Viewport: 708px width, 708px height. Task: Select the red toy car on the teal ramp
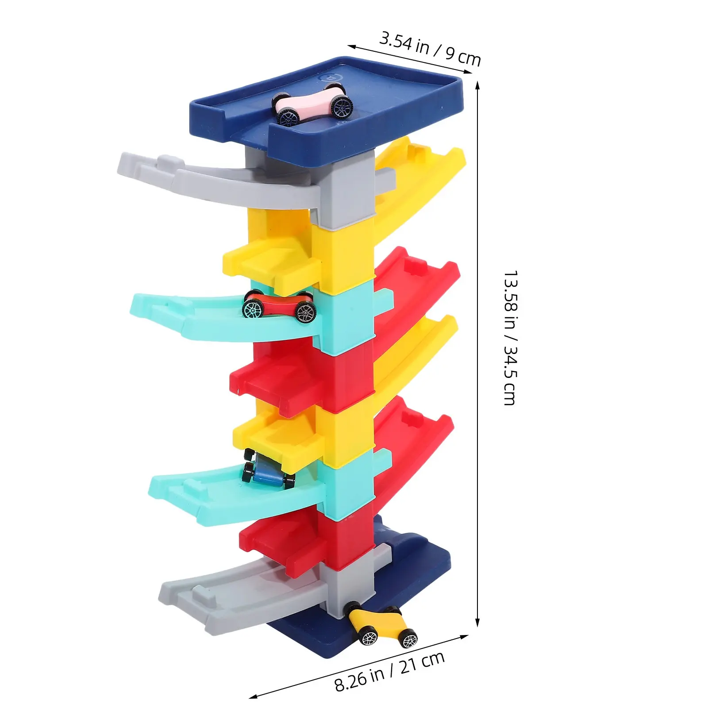pos(279,305)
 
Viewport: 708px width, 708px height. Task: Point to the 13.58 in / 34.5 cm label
pos(510,338)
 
